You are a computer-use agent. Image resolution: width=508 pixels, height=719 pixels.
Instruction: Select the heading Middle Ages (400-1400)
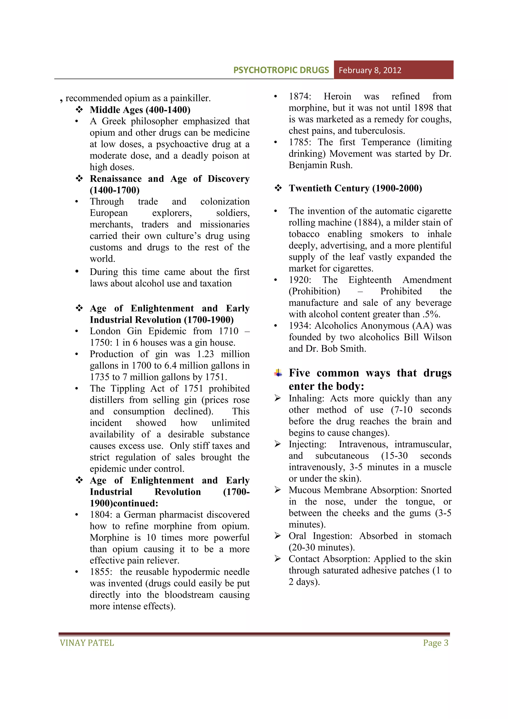click(x=140, y=110)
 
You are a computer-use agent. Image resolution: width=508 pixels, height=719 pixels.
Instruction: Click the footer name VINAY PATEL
click(x=87, y=643)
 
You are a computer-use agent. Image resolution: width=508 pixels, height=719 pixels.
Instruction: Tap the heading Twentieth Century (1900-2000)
click(x=355, y=188)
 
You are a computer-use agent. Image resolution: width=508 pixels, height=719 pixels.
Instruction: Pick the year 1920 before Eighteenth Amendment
click(x=299, y=280)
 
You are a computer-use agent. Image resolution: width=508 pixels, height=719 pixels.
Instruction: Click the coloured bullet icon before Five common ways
click(x=278, y=373)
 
